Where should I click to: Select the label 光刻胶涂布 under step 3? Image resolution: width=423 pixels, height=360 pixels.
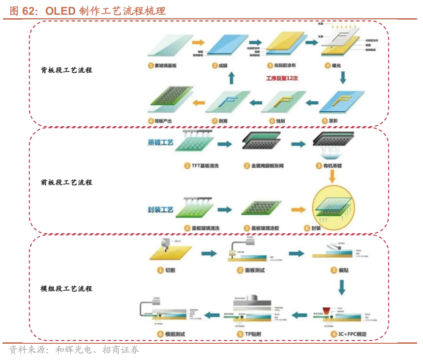285,65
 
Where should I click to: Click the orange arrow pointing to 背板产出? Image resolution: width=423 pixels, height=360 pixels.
199,102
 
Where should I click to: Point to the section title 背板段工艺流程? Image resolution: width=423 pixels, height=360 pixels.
66,70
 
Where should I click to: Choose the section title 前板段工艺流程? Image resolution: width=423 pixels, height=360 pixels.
66,182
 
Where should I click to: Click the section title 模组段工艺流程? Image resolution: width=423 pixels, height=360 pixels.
66,288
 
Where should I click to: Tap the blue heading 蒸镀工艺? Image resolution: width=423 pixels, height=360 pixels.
161,143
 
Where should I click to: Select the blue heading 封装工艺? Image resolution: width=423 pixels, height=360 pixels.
161,210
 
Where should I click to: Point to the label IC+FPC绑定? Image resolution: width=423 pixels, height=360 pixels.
352,334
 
